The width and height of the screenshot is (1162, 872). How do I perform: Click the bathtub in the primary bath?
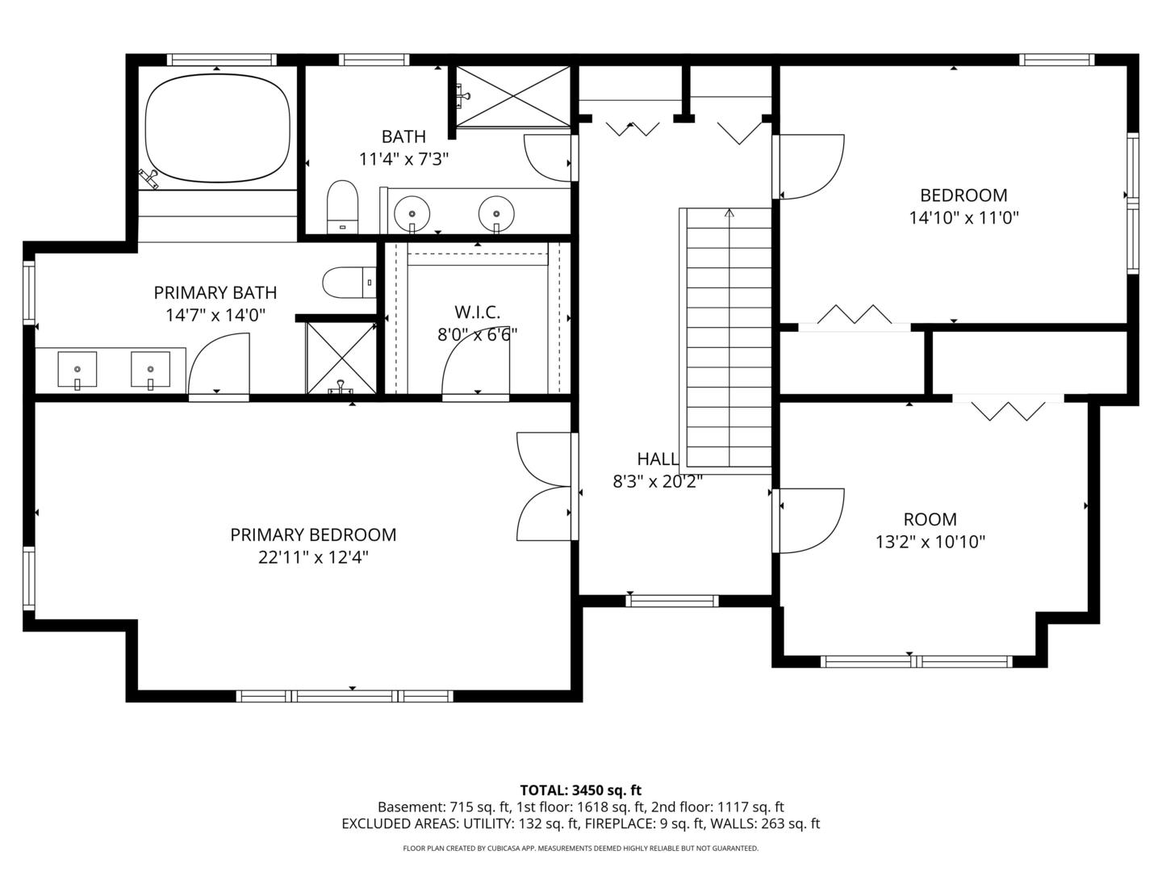(218, 128)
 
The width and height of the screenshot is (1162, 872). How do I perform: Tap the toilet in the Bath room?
(342, 207)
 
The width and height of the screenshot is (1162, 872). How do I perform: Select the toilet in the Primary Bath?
(349, 283)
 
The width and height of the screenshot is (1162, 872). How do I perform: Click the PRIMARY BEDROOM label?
(313, 535)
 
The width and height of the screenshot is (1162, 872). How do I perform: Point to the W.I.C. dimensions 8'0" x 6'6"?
(477, 334)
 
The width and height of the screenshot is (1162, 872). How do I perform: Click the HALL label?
(658, 459)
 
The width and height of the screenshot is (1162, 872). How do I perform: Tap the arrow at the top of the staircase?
(729, 213)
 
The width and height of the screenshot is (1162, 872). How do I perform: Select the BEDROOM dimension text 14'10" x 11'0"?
(963, 218)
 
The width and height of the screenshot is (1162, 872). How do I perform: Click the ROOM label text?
(930, 519)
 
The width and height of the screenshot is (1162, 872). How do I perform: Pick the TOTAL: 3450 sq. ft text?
(581, 790)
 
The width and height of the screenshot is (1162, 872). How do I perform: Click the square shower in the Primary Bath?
(341, 358)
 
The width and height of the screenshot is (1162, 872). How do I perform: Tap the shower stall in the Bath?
(512, 96)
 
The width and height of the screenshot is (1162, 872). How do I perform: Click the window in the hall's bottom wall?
(672, 601)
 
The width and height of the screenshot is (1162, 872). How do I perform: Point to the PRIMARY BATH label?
(215, 292)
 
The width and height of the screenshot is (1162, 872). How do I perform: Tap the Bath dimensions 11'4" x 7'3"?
(403, 159)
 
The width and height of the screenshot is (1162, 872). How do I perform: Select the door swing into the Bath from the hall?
(548, 158)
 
